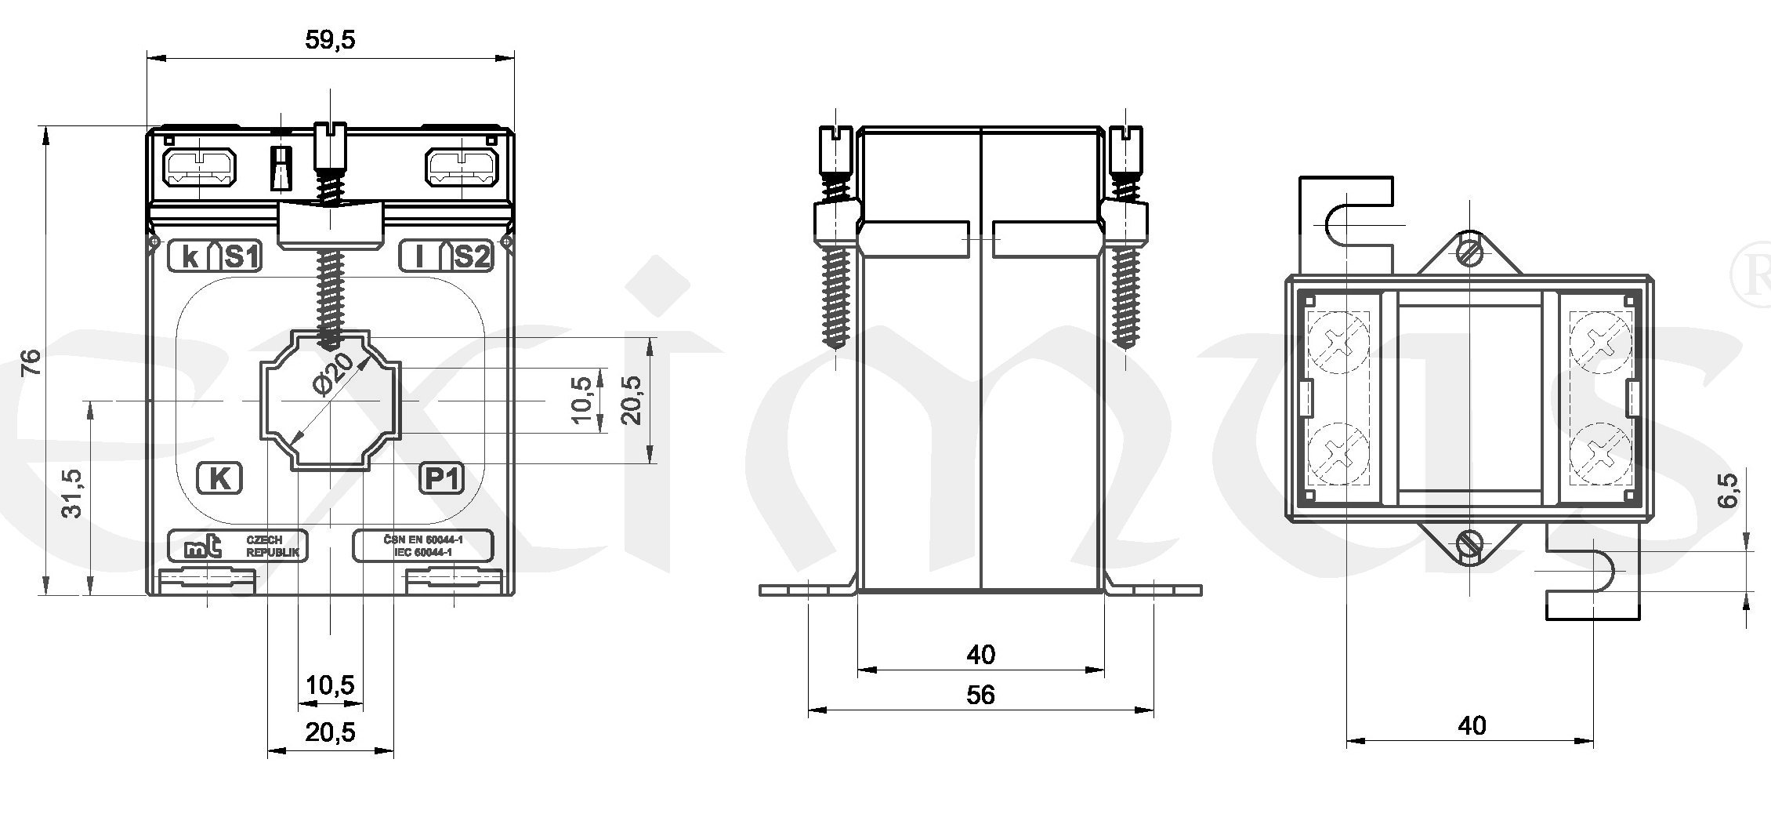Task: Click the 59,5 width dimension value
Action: pos(330,41)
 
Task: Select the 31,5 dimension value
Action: pos(72,494)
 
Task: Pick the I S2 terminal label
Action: pos(446,256)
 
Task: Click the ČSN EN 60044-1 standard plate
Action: pos(423,546)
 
